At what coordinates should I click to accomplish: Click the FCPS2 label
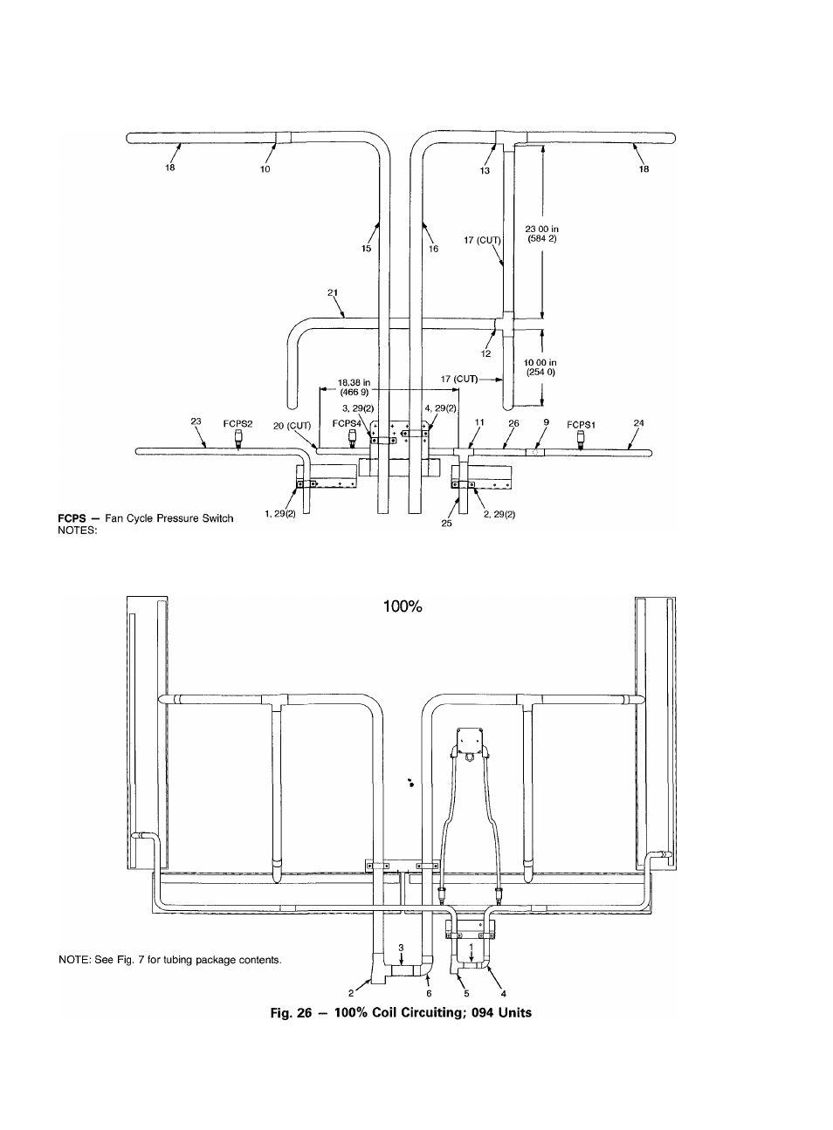[238, 424]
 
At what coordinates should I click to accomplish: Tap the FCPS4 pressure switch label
[347, 424]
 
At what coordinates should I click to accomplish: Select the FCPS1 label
[581, 425]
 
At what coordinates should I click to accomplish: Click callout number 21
[333, 292]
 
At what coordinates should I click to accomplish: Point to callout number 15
[367, 248]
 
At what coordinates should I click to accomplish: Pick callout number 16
[433, 249]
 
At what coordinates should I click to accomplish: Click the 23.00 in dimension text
[542, 229]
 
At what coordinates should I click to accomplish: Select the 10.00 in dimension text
[540, 363]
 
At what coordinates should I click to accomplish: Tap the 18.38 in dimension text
[354, 383]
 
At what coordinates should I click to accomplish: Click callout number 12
[485, 353]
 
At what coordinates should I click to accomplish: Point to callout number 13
[485, 170]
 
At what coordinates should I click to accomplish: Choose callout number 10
[265, 169]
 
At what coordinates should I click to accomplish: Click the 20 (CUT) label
[293, 427]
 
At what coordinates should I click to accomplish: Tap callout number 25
[446, 524]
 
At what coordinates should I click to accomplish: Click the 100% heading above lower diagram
[403, 606]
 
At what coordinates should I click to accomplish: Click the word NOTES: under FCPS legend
[78, 531]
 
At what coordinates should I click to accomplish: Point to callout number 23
[196, 421]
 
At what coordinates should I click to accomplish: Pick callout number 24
[638, 422]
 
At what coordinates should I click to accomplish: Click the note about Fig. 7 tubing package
[170, 960]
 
